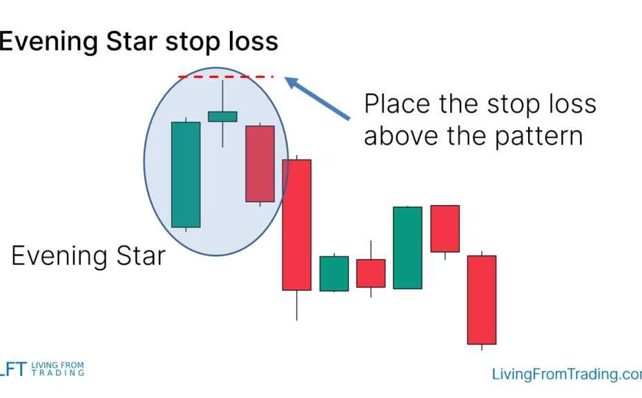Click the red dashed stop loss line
[226, 77]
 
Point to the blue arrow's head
[291, 82]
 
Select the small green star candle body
[223, 117]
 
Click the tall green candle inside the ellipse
[186, 175]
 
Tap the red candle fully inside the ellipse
[260, 164]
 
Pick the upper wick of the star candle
[223, 95]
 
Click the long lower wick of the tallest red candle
[297, 305]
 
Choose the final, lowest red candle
[482, 300]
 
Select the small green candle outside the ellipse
[334, 274]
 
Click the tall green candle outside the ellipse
[408, 248]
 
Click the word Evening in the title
[49, 42]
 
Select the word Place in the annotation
[397, 104]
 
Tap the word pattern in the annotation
[539, 137]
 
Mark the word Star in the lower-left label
[141, 256]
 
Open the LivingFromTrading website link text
[567, 375]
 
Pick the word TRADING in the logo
[58, 373]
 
